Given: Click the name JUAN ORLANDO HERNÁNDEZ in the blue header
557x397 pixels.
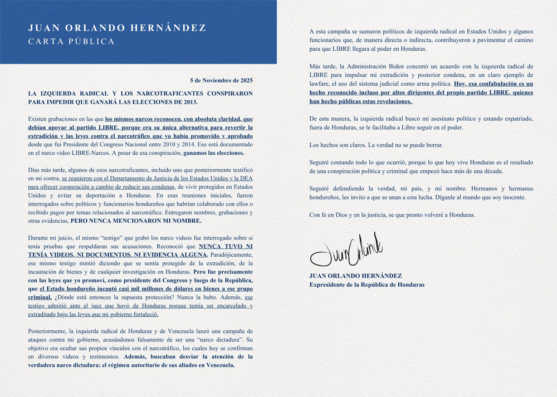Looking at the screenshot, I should coord(117,28).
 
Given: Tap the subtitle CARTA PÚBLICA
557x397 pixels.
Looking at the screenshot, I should coord(71,42).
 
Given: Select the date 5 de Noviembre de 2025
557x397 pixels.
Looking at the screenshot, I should coord(221,81).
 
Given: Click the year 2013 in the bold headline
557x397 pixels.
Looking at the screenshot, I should coord(188,102).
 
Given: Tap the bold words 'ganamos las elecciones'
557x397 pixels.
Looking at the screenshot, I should coord(214,153).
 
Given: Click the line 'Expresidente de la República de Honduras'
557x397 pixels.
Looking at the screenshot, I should coord(367,285).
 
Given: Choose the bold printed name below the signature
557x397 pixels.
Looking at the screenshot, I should coord(355,276).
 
